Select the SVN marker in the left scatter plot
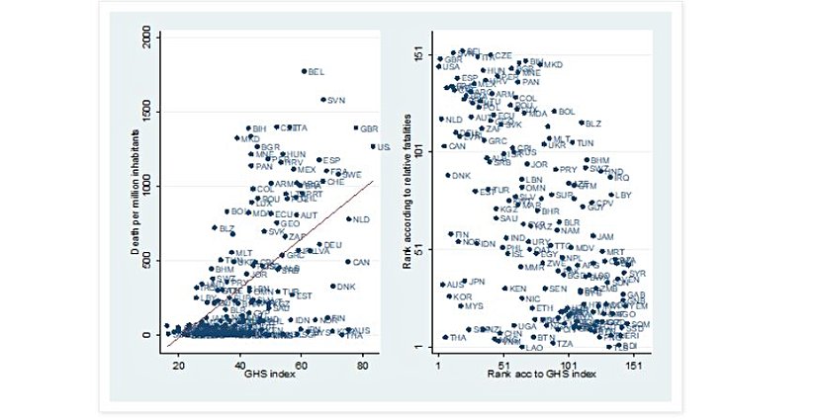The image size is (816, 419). click(323, 100)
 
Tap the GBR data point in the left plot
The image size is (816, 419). click(355, 128)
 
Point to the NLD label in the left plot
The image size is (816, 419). click(361, 219)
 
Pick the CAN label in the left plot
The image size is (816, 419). click(361, 263)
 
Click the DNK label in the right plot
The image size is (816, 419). click(461, 176)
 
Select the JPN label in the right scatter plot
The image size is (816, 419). click(477, 282)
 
